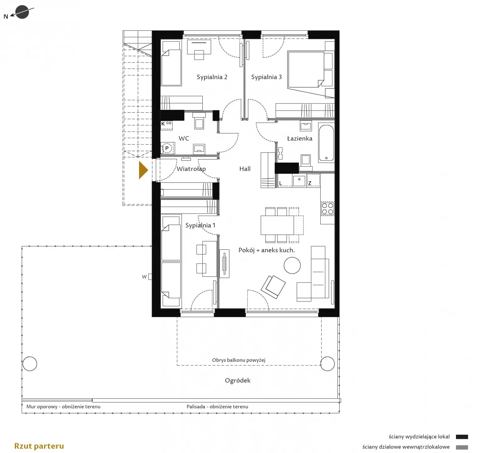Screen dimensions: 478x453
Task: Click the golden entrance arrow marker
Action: click(x=143, y=170)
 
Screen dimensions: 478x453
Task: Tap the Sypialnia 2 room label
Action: click(x=212, y=77)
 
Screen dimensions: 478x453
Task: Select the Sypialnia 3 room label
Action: click(x=266, y=77)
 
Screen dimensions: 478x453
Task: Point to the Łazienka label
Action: click(x=300, y=138)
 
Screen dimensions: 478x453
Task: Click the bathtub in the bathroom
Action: click(x=326, y=143)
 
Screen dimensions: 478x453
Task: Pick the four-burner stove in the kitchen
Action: click(x=327, y=209)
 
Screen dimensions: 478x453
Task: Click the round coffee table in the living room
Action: click(x=292, y=266)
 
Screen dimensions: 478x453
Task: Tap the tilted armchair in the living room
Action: click(x=273, y=287)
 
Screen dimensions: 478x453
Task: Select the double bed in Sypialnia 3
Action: click(x=306, y=70)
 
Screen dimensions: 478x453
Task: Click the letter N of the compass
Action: click(x=6, y=17)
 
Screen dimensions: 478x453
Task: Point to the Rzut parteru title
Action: click(x=39, y=446)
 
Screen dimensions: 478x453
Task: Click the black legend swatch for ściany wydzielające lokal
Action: click(x=462, y=437)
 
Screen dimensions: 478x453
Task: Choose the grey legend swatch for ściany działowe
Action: click(x=462, y=447)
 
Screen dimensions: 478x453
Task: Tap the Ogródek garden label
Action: click(x=238, y=381)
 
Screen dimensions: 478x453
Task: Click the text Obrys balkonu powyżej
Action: click(x=239, y=360)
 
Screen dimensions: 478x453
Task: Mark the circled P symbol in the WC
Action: click(x=167, y=148)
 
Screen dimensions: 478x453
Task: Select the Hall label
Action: click(x=245, y=169)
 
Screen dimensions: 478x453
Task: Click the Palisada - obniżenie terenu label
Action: click(x=217, y=407)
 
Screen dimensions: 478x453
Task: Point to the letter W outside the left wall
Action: click(x=144, y=277)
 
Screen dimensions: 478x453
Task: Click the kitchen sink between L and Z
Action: click(x=299, y=181)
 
